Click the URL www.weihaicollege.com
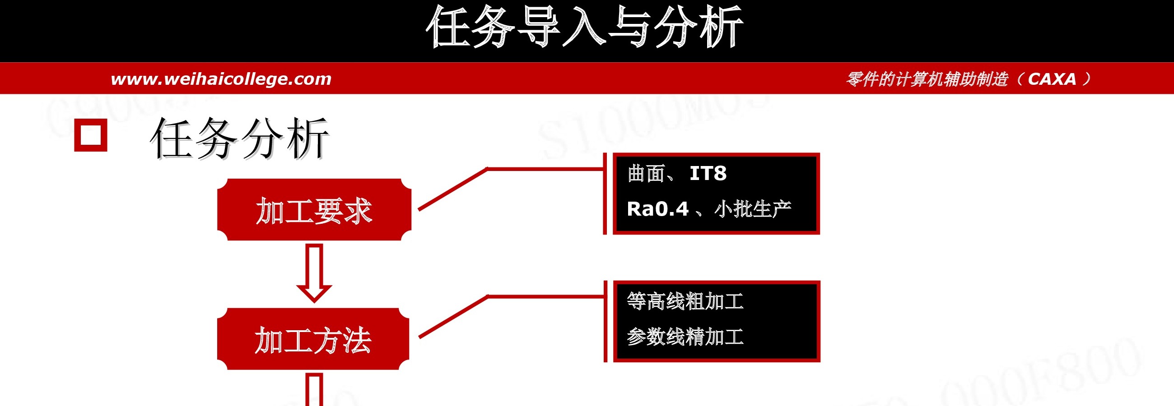click(221, 79)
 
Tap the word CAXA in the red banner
click(1052, 79)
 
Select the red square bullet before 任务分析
click(91, 135)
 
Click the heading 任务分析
click(239, 138)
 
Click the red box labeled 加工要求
click(314, 209)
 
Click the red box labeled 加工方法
click(313, 339)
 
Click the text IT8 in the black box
click(708, 173)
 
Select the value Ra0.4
click(657, 209)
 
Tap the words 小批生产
click(753, 209)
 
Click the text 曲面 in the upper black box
click(646, 173)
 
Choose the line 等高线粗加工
click(685, 301)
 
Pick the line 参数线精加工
click(685, 337)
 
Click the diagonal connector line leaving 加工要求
click(453, 189)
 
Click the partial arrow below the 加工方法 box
click(314, 390)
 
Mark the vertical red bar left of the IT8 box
click(605, 194)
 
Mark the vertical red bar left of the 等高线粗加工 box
click(606, 321)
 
